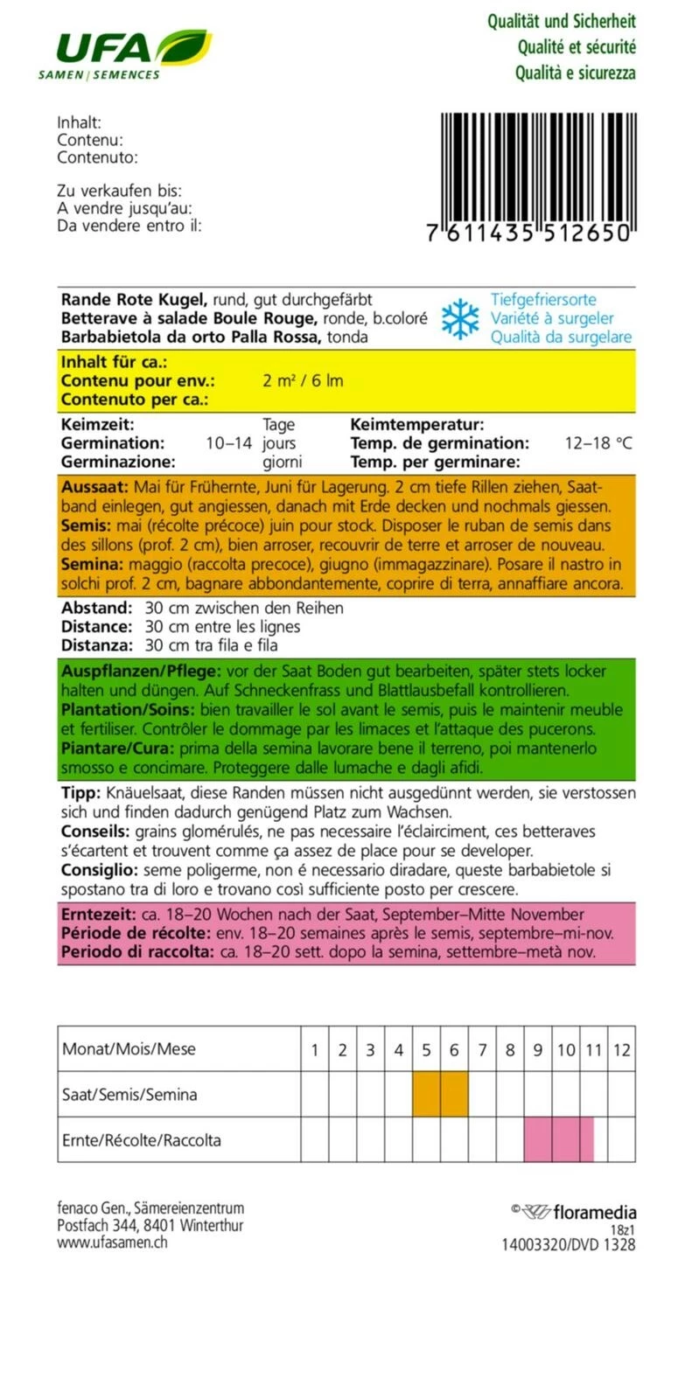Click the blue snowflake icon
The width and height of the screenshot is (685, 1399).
point(460,318)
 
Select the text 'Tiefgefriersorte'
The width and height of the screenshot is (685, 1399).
point(543,300)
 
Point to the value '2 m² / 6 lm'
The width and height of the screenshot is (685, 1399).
point(303,380)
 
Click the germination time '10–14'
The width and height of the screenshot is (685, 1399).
point(229,443)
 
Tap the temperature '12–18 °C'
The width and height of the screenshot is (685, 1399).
point(598,443)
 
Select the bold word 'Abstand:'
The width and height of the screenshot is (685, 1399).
point(96,608)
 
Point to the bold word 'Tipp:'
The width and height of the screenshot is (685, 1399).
point(81,793)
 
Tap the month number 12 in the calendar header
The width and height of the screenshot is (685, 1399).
point(621,1050)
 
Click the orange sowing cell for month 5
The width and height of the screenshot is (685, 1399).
point(426,1095)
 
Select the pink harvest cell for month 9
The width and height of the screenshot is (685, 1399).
point(538,1140)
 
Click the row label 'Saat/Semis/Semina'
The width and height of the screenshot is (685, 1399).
point(129,1095)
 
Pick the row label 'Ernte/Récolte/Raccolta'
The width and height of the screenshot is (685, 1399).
point(142,1140)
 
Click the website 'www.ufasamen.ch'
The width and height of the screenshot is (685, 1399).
point(112,1242)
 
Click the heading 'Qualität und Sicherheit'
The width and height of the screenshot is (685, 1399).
point(561,21)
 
